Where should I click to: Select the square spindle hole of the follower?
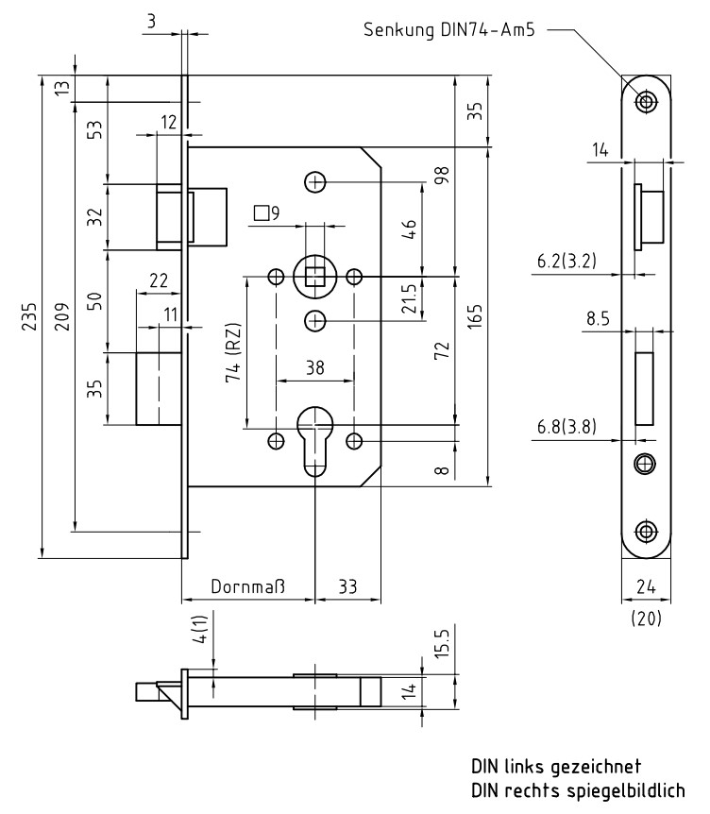[314, 276]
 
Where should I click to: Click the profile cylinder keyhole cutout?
[314, 437]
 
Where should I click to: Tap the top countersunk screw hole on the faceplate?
[646, 101]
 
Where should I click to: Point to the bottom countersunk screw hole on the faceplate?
[646, 530]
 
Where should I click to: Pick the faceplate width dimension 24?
[646, 586]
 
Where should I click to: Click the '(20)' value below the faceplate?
[646, 619]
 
